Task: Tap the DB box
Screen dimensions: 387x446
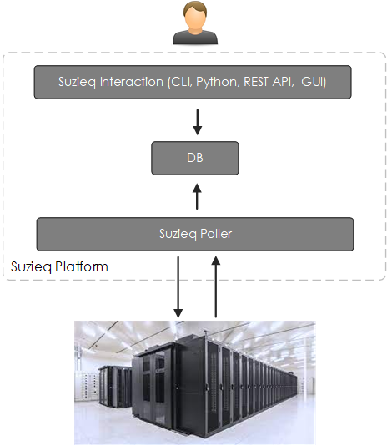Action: click(195, 158)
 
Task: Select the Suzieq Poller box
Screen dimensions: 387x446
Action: click(195, 234)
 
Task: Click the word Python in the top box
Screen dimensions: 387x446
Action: click(217, 82)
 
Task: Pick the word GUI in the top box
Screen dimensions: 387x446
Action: click(313, 82)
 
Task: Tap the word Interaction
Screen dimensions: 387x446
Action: click(132, 82)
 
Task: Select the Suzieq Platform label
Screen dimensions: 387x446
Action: click(59, 266)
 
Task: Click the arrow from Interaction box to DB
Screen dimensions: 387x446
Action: click(197, 122)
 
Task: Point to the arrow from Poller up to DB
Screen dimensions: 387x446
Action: click(197, 196)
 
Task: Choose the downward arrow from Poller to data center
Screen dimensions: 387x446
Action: click(178, 287)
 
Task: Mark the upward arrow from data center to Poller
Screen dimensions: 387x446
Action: click(216, 286)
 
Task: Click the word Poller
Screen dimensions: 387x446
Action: click(216, 234)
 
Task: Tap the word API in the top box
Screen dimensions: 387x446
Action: click(282, 82)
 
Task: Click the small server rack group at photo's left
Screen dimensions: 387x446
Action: click(114, 386)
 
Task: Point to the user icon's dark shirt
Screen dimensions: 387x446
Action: click(195, 37)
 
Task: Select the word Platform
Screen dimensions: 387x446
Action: click(82, 266)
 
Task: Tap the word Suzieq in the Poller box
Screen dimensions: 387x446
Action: click(178, 234)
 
